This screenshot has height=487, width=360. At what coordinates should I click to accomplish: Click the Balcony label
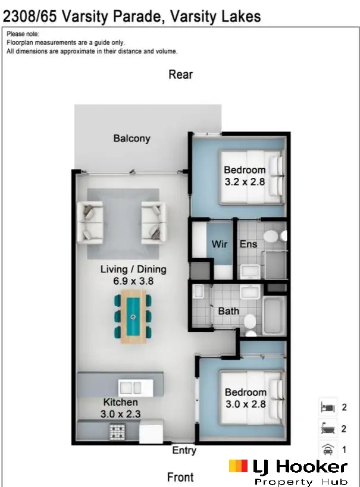[x=132, y=139]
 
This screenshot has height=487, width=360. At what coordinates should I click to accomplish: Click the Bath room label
[x=228, y=311]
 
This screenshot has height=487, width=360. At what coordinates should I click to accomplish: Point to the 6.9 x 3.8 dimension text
[x=133, y=281]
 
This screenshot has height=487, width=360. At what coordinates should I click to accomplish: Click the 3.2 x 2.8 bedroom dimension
[x=245, y=182]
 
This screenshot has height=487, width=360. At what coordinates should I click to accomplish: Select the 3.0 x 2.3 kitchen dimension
[x=121, y=414]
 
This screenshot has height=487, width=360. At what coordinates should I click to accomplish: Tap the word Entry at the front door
[x=184, y=450]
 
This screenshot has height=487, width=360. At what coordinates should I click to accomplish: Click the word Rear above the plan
[x=180, y=74]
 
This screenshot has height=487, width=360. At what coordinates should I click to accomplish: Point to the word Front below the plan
[x=180, y=477]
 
